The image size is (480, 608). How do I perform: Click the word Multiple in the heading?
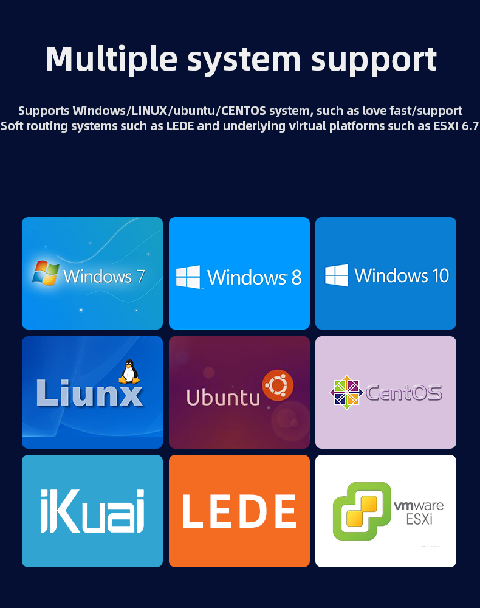pos(111,60)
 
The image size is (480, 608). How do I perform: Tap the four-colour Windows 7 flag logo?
pos(46,272)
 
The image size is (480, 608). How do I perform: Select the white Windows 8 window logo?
pos(188,277)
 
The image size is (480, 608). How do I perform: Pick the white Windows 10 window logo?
pos(337,275)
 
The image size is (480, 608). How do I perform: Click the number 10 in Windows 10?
pos(441,275)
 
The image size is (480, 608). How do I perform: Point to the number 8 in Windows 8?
pos(297,277)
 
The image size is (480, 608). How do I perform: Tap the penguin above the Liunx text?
pos(129,371)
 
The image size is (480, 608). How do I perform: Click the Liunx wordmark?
pos(89,393)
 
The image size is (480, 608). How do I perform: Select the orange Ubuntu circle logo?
pos(278,385)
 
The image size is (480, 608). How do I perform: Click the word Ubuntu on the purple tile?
pos(223,398)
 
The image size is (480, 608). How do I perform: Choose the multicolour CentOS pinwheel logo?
pos(346,392)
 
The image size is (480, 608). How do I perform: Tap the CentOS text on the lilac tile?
pos(404,393)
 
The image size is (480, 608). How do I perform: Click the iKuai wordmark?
pos(92,511)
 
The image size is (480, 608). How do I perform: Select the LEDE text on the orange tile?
pos(239,511)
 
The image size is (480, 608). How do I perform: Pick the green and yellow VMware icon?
pos(362,511)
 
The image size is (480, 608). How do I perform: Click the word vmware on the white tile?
pos(419,506)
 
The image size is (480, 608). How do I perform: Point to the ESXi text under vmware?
pos(419,519)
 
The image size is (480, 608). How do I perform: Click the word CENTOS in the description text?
pos(244,111)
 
